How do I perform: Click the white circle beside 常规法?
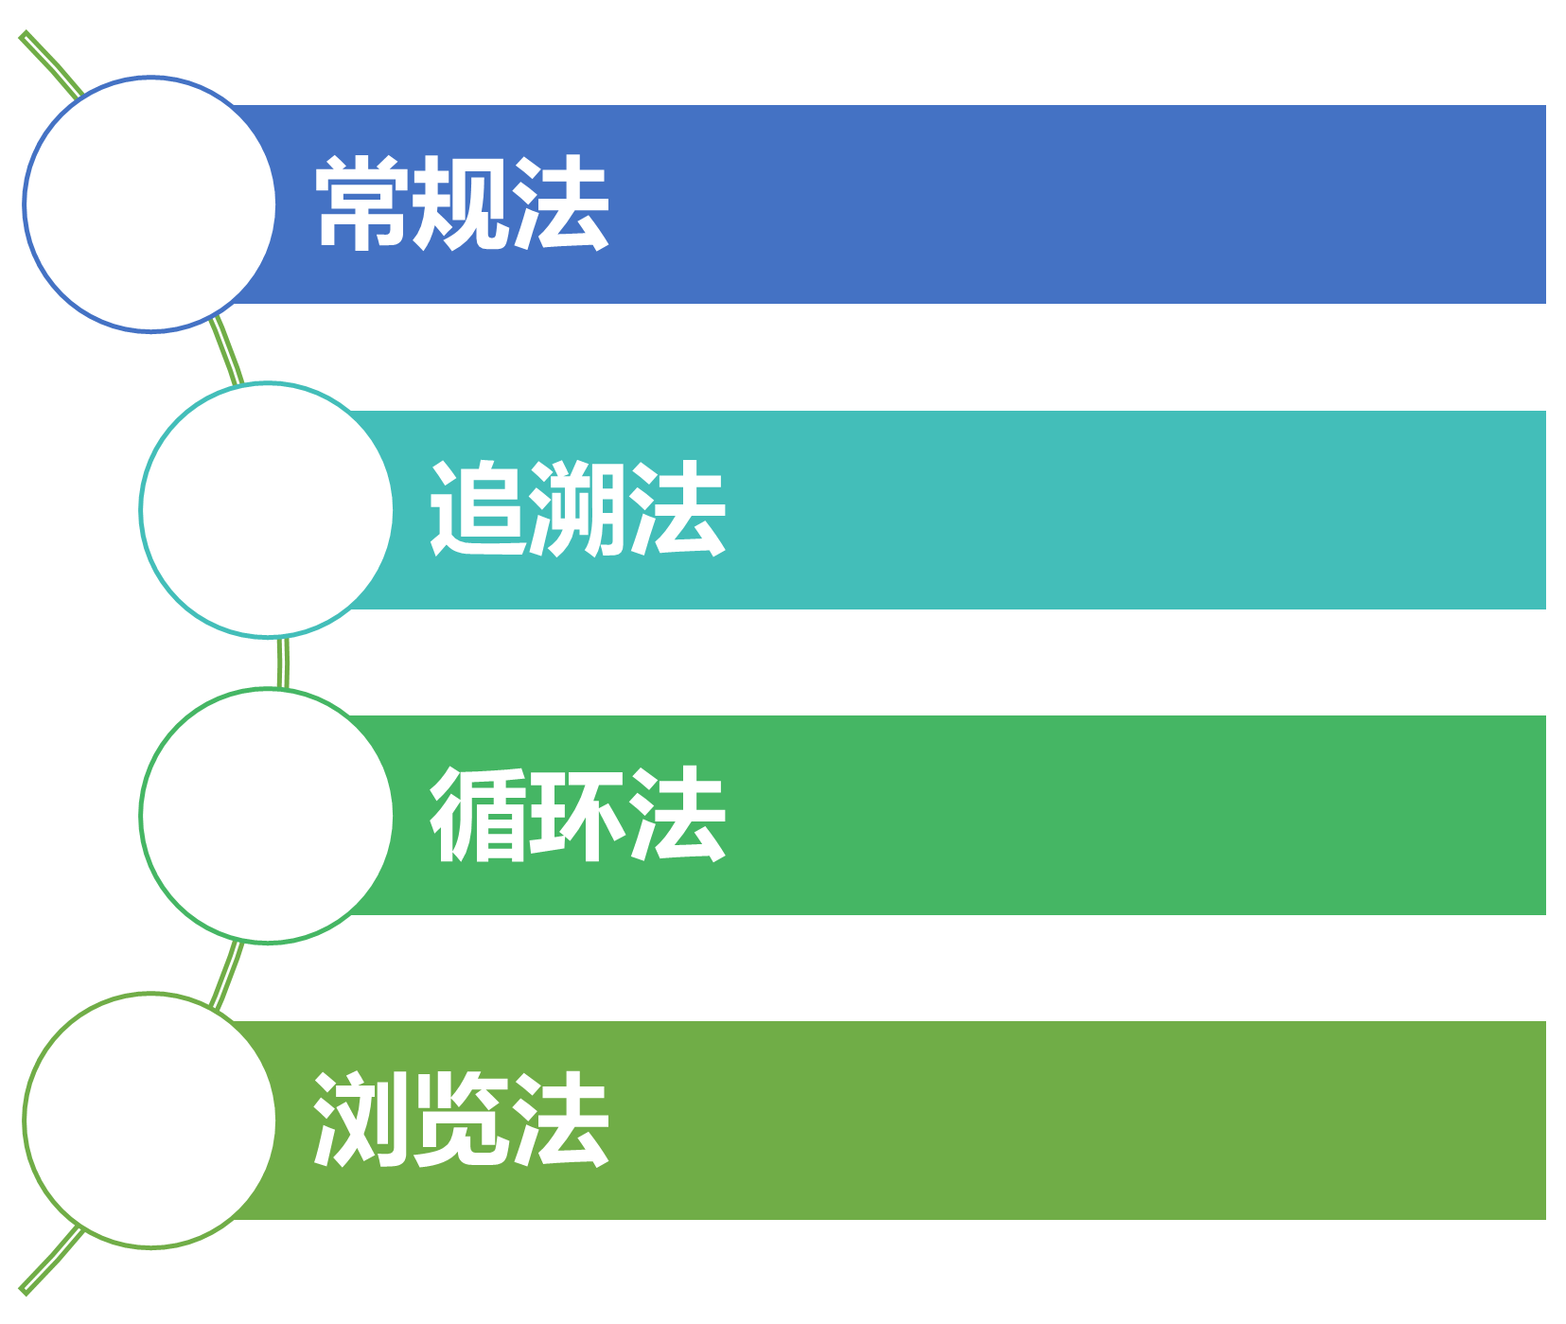coord(150,204)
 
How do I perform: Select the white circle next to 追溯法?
coord(267,510)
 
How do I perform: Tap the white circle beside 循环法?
coord(267,815)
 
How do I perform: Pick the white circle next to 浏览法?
coord(150,1121)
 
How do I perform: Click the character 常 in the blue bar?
coord(363,203)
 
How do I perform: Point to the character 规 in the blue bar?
coord(462,203)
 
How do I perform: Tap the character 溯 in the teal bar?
coord(577,509)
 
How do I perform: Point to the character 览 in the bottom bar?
coord(462,1120)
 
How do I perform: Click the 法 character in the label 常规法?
coord(560,203)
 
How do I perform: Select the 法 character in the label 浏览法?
coord(560,1120)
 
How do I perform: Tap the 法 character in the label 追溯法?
coord(677,509)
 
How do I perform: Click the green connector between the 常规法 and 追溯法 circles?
coord(227,355)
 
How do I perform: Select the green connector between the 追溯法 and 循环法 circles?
coord(283,662)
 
